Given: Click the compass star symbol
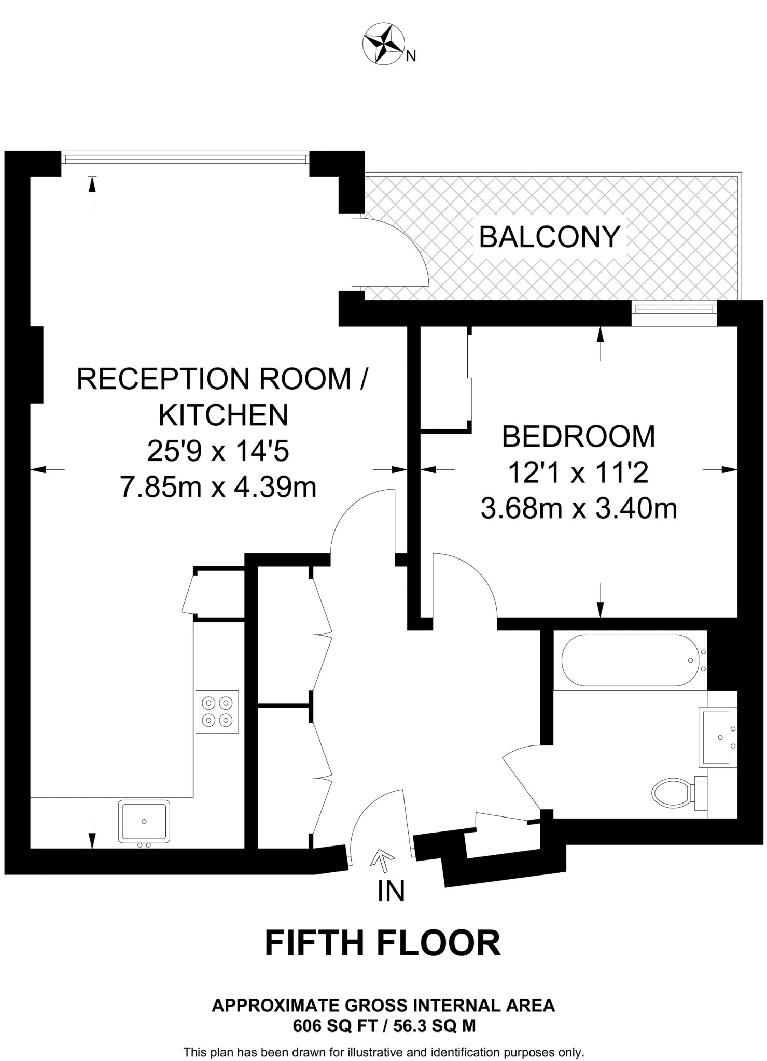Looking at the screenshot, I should click(x=383, y=44).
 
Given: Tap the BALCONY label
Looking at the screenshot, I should click(x=550, y=237).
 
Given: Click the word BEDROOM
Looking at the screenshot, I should click(x=578, y=436).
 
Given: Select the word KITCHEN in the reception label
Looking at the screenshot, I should click(x=223, y=414).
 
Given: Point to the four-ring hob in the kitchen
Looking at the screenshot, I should click(x=217, y=711).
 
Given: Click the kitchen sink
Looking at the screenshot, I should click(x=144, y=821).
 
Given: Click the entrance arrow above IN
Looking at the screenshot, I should click(x=382, y=858).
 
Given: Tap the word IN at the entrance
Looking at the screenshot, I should click(x=391, y=891).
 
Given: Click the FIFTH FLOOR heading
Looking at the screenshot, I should click(x=383, y=942).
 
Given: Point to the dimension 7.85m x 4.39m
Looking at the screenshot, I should click(x=218, y=487).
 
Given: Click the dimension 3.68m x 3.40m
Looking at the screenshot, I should click(x=578, y=508).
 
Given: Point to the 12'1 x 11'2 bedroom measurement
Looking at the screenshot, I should click(x=578, y=472).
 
